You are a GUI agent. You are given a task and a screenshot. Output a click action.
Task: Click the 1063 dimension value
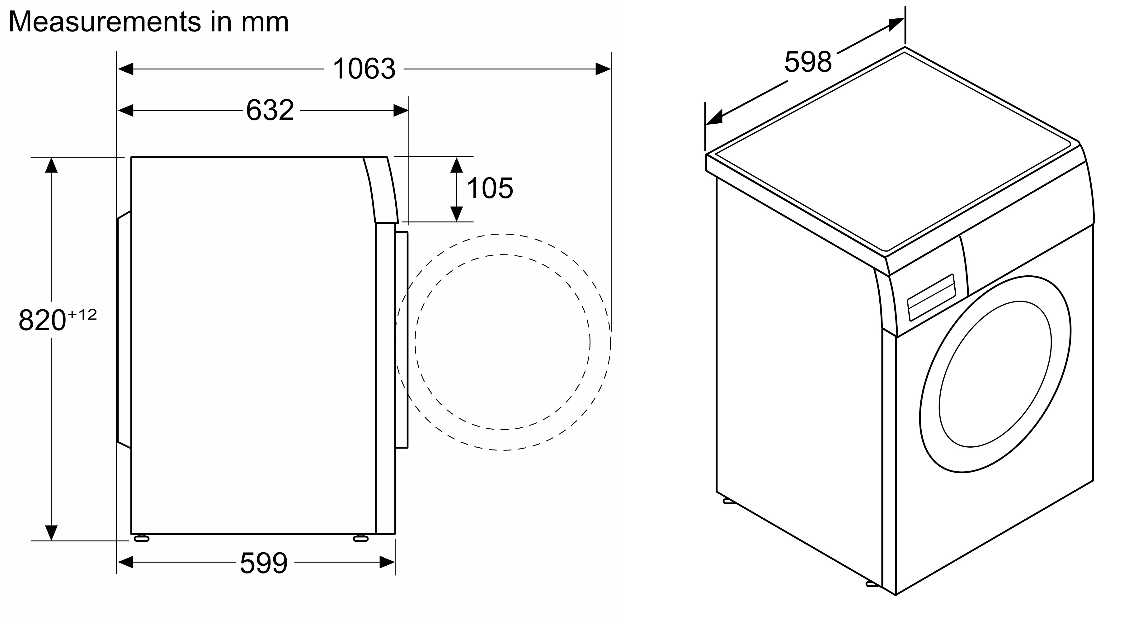tap(364, 69)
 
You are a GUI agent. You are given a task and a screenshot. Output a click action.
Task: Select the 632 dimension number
tap(270, 110)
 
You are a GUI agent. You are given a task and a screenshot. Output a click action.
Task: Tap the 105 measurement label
tap(490, 188)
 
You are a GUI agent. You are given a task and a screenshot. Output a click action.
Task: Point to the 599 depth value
tap(264, 563)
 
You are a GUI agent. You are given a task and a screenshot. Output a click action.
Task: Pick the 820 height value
tap(42, 320)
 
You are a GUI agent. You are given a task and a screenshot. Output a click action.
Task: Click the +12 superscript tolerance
tap(82, 314)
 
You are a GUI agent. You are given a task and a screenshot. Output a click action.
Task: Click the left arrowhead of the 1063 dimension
tap(125, 69)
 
